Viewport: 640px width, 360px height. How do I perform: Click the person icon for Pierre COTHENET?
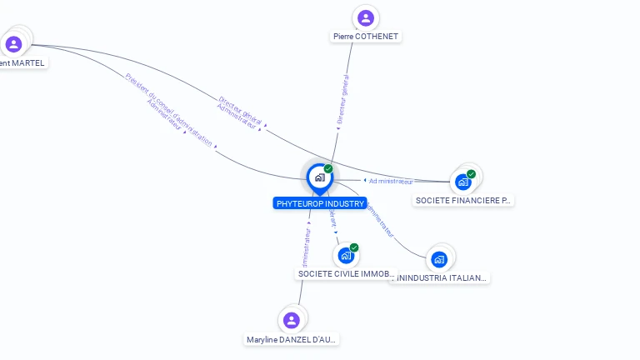365,17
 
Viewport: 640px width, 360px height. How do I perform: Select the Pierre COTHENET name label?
366,37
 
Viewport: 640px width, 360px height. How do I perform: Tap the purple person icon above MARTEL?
13,44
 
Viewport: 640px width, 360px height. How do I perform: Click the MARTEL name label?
22,62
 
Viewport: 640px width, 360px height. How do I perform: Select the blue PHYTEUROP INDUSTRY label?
320,203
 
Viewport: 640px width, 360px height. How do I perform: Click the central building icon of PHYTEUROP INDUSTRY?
319,177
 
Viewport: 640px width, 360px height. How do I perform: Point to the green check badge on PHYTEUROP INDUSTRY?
328,168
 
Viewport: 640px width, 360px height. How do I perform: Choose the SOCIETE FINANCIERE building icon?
463,182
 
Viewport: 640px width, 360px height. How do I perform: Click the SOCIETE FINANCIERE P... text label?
463,201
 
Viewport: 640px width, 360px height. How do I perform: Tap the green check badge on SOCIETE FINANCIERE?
472,174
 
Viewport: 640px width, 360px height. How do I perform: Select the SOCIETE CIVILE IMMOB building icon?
345,256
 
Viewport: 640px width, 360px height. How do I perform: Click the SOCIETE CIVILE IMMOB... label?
346,274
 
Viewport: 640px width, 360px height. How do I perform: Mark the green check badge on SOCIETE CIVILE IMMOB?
354,247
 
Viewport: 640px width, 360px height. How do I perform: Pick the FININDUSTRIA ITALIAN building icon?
439,259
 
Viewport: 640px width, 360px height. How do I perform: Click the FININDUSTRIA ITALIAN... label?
441,277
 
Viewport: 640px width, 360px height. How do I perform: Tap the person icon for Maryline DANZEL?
291,320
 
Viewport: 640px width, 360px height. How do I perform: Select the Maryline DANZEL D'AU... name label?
292,339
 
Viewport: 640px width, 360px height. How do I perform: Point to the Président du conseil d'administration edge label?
169,109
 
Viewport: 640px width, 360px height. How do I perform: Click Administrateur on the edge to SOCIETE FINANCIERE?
391,181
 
